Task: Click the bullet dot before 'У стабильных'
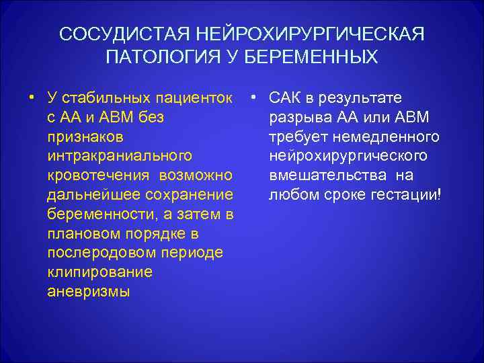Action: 32,97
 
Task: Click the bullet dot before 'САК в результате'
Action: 252,97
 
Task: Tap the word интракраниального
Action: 120,156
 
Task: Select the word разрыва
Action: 298,117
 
